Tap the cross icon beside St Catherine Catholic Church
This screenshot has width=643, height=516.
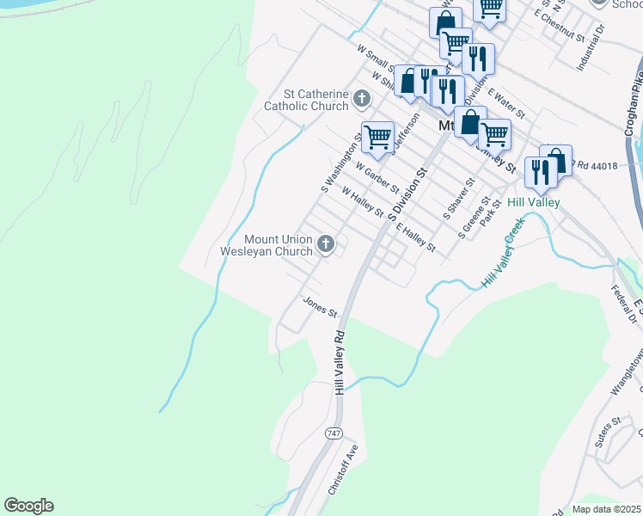point(362,100)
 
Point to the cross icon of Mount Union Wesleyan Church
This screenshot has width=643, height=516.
point(325,245)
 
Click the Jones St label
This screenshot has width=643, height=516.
point(319,306)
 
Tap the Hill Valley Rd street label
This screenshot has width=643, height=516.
point(340,361)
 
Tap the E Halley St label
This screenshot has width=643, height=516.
point(418,235)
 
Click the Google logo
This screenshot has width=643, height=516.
point(28,506)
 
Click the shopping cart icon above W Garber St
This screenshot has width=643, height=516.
point(377,136)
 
